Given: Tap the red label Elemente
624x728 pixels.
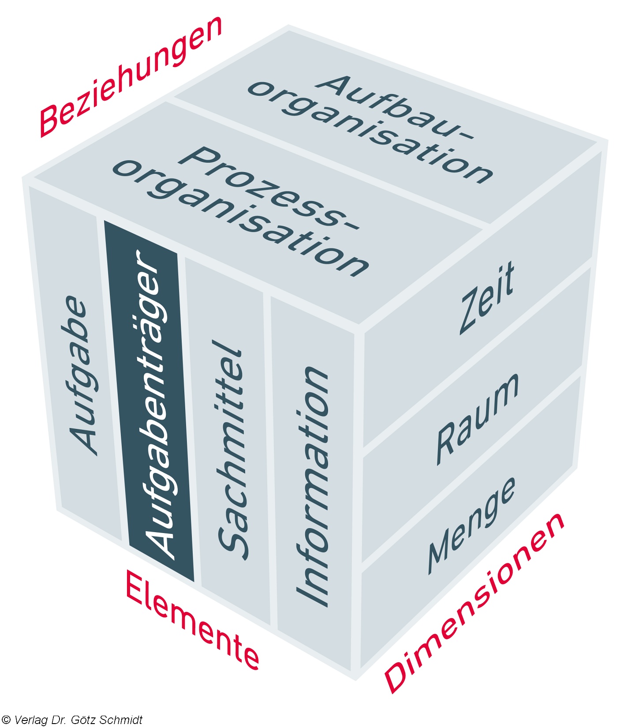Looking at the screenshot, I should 192,619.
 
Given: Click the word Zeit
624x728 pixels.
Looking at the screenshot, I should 487,297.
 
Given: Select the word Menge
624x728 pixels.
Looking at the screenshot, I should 471,525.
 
